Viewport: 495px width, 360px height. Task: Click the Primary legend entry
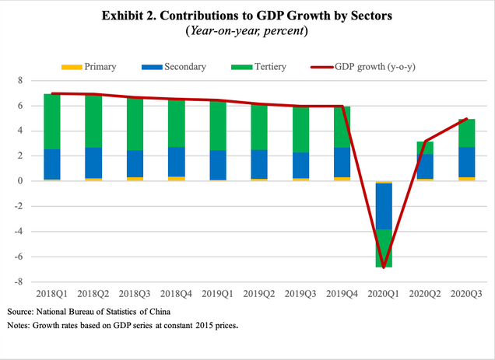click(99, 67)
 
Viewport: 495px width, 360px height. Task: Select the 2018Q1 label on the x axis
click(53, 295)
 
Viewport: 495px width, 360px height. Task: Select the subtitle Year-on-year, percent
click(246, 32)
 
